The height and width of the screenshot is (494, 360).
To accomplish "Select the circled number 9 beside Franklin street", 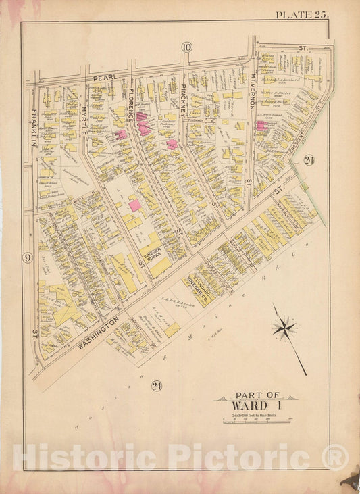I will point(27,257).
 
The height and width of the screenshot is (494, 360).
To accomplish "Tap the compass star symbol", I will point(284,329).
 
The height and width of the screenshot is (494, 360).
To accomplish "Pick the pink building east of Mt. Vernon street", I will point(261,126).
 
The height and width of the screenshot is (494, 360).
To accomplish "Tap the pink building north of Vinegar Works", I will point(135,205).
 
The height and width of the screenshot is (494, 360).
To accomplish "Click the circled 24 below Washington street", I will point(157,386).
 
